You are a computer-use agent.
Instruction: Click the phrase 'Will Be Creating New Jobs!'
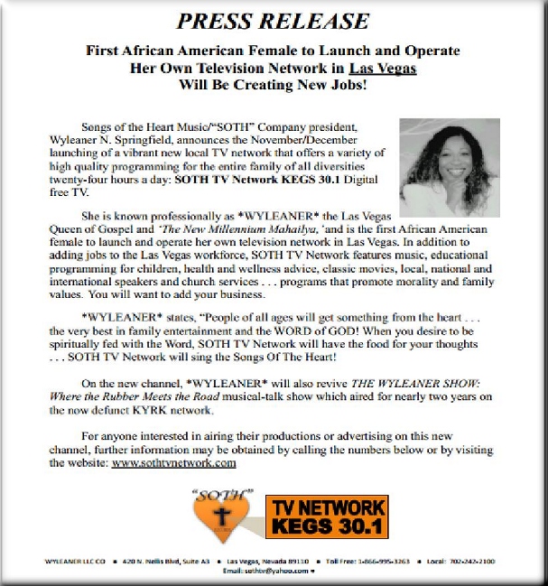[x=273, y=88]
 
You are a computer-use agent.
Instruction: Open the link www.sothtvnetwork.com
[x=174, y=462]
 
